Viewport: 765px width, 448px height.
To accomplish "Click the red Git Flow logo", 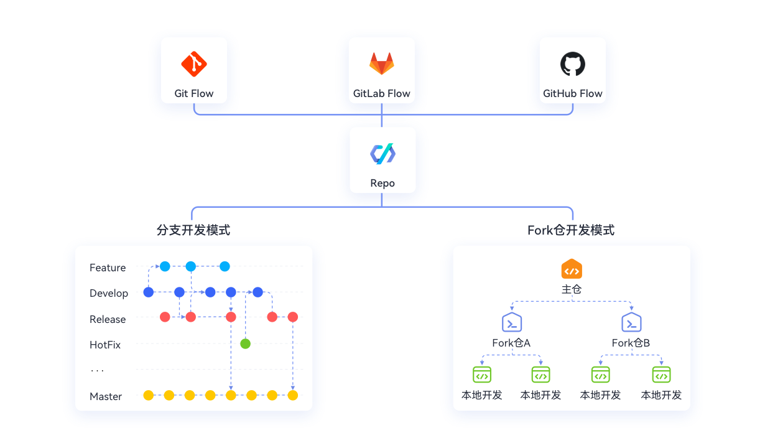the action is click(x=194, y=64).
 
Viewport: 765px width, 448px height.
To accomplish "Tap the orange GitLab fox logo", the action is click(x=382, y=63).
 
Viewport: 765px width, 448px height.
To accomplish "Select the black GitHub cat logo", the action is click(x=573, y=64).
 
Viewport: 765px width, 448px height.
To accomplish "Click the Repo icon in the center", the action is click(x=383, y=154).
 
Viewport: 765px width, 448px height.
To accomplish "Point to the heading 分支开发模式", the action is click(x=193, y=230).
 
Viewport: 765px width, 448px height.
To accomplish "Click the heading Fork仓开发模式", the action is click(x=571, y=230).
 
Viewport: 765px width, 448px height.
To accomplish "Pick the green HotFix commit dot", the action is click(x=245, y=343).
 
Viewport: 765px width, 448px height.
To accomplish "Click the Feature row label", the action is click(x=108, y=268).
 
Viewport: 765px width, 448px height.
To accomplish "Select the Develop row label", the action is click(x=109, y=293).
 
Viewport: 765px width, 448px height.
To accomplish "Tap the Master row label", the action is click(x=106, y=396).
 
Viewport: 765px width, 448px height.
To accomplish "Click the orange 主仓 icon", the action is click(x=572, y=269).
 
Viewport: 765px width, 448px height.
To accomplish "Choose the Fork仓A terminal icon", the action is click(x=512, y=322).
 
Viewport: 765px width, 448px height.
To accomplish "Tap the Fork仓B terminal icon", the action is click(x=631, y=322).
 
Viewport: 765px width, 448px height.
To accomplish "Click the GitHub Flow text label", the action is click(x=573, y=93).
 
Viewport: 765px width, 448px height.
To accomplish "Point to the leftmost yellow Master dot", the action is click(x=148, y=395).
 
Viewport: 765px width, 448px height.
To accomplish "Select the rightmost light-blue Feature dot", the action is click(x=225, y=266).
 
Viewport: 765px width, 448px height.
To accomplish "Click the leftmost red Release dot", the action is click(x=165, y=317).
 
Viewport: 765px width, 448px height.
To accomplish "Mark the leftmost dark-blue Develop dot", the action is click(x=148, y=292).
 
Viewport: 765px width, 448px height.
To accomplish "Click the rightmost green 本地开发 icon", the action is click(x=662, y=375).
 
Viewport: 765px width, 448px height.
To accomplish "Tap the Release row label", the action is click(x=108, y=319).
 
